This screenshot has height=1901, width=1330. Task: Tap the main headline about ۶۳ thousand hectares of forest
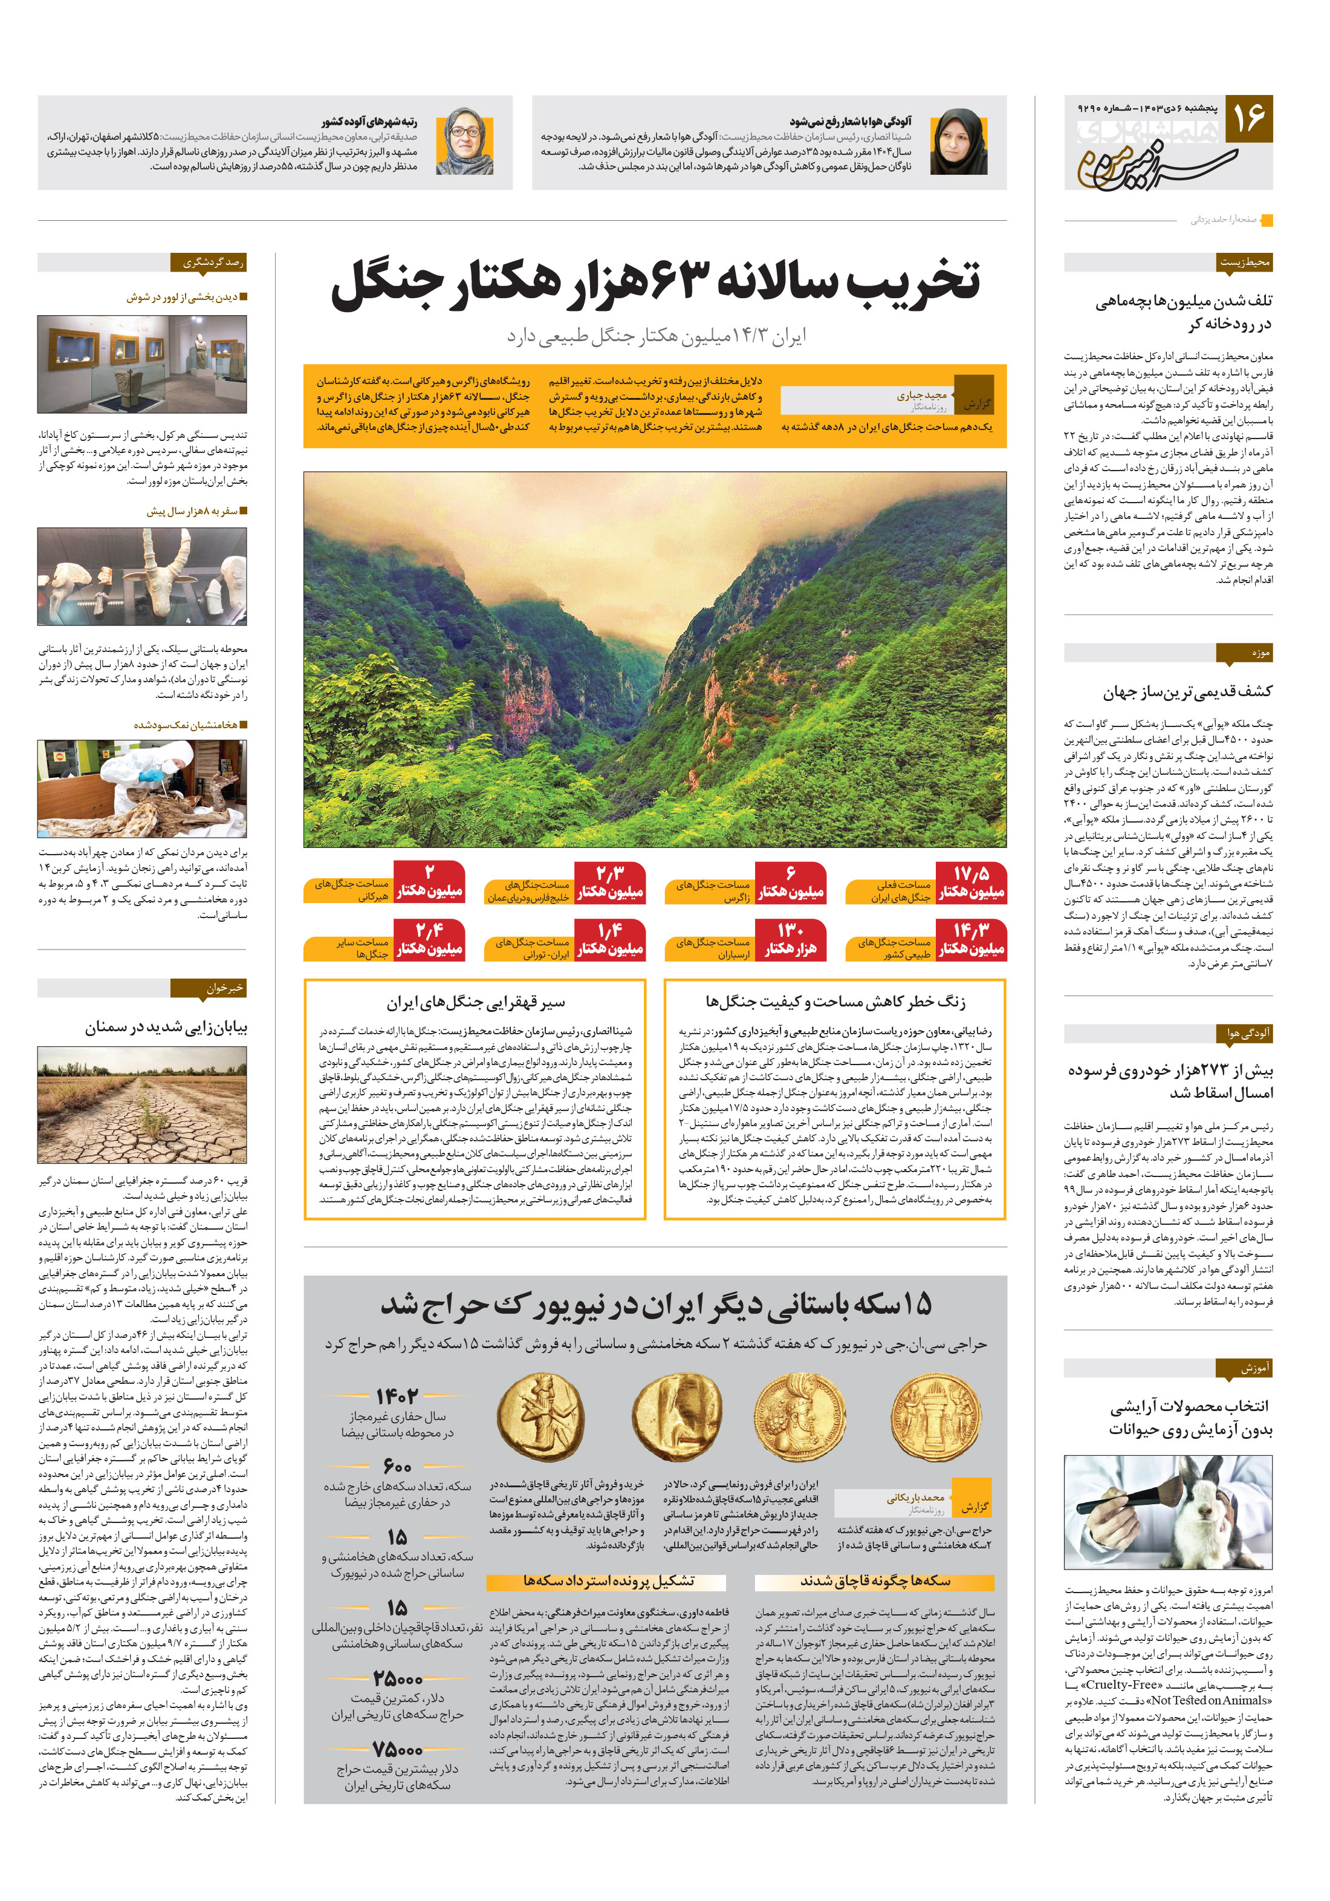coord(655,281)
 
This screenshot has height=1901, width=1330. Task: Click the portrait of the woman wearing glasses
coord(464,142)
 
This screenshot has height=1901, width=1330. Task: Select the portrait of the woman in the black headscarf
coord(958,142)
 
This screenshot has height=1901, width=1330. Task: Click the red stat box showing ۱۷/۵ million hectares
coord(971,882)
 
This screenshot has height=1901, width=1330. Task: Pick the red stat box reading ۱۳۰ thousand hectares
coord(790,940)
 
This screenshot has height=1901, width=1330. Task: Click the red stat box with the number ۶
coord(790,882)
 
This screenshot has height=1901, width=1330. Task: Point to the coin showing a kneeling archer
coord(540,1416)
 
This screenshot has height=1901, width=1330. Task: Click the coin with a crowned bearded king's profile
coord(799,1416)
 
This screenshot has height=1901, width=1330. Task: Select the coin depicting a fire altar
coord(935,1416)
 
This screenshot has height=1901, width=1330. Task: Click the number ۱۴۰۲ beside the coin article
coord(397,1396)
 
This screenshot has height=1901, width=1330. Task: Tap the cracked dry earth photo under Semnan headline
coord(142,1104)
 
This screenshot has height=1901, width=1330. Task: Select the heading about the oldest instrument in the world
coord(1187,691)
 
